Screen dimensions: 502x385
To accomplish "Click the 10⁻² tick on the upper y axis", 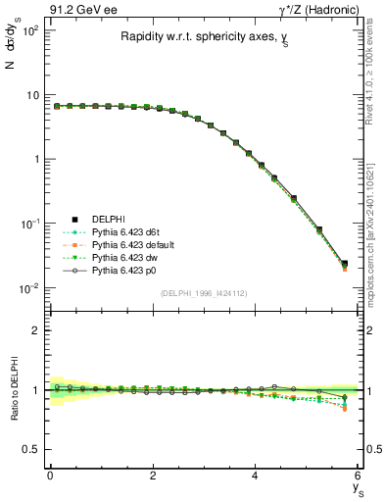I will click(30, 288).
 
